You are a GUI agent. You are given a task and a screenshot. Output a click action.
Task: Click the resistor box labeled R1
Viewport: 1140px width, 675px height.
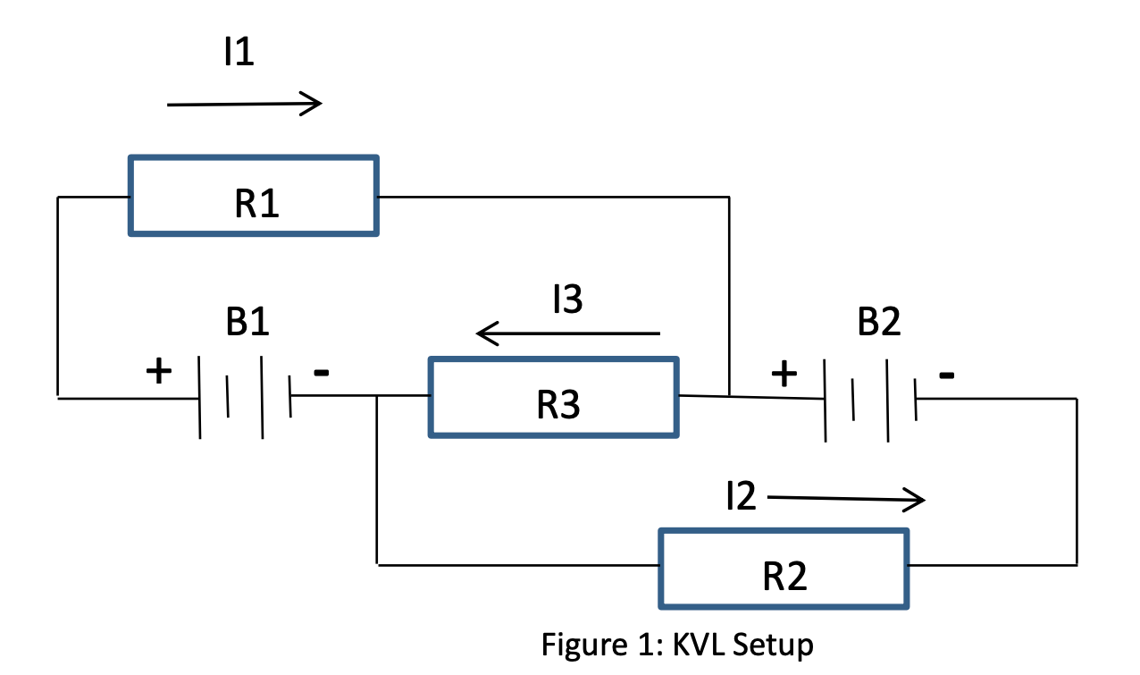coord(254,196)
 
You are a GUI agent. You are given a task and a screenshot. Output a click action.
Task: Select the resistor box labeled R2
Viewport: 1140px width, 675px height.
coord(784,569)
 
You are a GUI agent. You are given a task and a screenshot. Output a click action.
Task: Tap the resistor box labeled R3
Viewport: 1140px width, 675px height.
coord(554,397)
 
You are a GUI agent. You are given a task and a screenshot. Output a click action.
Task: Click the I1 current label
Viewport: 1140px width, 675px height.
coord(239,54)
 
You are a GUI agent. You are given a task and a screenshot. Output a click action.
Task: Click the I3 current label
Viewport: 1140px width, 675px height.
coord(566,301)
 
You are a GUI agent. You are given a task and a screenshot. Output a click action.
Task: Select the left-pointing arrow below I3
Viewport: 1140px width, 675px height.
coord(568,334)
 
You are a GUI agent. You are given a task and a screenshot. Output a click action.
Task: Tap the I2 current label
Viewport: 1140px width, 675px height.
coord(741,497)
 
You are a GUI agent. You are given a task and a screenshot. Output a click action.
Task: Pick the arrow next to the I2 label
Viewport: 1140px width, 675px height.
coord(845,499)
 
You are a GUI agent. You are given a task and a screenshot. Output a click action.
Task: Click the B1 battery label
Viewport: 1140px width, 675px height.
coord(247,323)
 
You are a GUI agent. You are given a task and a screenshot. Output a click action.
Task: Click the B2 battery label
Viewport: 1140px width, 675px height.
coord(879,323)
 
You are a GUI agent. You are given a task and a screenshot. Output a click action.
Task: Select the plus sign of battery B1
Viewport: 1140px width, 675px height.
coord(158,370)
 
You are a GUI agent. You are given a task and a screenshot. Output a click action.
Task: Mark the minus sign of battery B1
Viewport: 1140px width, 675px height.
coord(322,372)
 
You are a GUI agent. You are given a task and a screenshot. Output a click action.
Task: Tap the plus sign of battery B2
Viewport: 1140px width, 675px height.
coord(784,373)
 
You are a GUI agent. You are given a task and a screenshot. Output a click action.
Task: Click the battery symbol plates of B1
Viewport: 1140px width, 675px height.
coord(245,397)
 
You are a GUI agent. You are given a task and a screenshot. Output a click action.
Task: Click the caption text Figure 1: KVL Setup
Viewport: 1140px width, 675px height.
coord(677,644)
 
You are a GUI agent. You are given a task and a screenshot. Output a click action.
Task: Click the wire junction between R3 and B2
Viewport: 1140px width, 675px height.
coord(730,395)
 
